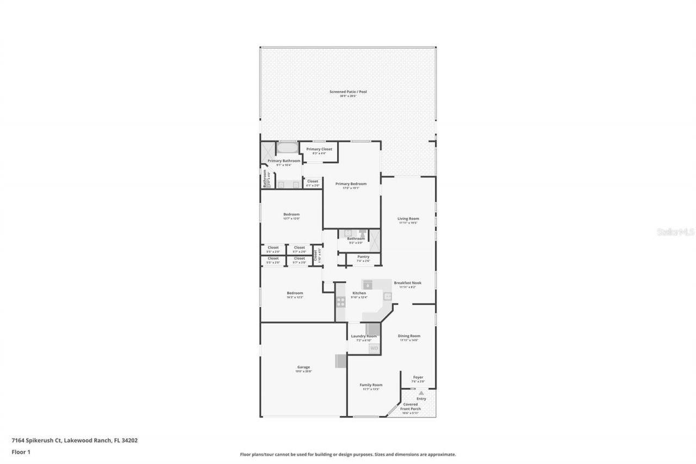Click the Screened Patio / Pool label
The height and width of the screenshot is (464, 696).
coord(348,92)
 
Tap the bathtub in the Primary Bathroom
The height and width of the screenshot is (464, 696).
coord(288,148)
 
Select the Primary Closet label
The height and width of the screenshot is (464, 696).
coord(319,149)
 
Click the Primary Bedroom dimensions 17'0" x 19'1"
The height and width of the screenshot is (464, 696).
coord(351,188)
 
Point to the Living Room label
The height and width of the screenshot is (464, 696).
coord(408,219)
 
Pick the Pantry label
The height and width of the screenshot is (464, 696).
coord(363,257)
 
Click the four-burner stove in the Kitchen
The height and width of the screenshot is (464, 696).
coord(340,301)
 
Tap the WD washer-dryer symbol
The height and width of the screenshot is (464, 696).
coord(374,348)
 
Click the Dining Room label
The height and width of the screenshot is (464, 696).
coord(409,336)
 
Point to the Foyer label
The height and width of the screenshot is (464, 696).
coord(418,377)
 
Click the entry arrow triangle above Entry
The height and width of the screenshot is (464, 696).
coord(421,392)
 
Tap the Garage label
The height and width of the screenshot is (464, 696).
coord(303,367)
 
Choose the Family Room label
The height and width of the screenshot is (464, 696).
coord(371,385)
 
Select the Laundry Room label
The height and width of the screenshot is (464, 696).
coord(363,336)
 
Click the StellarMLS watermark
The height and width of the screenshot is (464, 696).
coord(675,231)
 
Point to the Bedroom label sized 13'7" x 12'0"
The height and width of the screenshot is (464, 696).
coord(291,214)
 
